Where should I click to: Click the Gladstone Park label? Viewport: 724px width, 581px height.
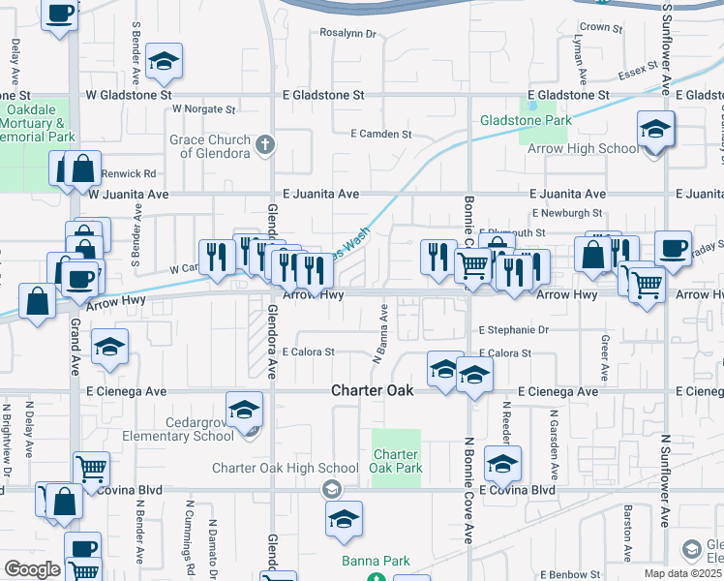[527, 121]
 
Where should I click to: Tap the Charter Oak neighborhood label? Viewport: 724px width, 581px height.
[373, 391]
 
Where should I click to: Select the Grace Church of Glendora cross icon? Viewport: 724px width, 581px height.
[265, 146]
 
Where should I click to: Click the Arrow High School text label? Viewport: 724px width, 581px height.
[586, 148]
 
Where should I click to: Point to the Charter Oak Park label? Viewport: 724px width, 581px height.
[397, 461]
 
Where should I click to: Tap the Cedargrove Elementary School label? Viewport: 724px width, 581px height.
[171, 429]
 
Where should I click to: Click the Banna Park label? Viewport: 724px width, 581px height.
[376, 561]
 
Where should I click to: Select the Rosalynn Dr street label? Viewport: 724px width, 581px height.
[347, 33]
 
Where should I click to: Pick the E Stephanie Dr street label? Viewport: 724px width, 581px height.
[514, 330]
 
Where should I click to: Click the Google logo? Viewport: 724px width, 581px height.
[32, 568]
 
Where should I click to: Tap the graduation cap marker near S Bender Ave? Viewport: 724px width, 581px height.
[165, 62]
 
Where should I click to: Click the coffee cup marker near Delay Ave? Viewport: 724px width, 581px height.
[60, 14]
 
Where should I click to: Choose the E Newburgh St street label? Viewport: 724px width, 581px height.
[567, 213]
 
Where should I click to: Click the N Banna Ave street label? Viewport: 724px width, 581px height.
[380, 335]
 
